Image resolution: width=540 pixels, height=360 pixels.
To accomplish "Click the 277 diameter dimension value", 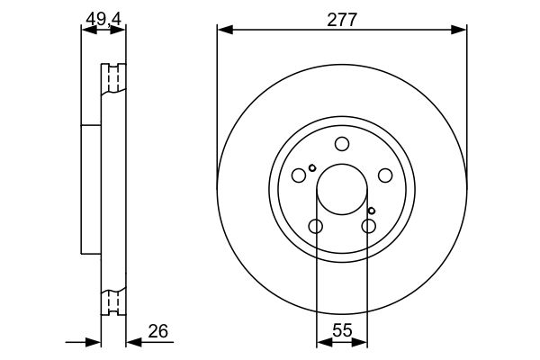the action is coord(342,20).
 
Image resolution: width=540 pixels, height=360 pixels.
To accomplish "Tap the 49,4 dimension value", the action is coord(103,19).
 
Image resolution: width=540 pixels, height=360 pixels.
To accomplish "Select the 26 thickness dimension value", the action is coord(158,331).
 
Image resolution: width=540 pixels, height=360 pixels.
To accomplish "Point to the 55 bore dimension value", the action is coord(342,330).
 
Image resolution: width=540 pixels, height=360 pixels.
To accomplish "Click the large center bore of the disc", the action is coord(342,189).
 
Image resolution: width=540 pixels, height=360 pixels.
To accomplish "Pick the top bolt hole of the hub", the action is coord(342,144).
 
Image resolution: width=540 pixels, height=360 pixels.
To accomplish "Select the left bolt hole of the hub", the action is coord(299,175).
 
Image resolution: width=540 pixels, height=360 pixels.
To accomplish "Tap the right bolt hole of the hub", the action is coord(385,175).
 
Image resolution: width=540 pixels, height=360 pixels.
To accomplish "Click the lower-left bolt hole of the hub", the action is coord(316,226).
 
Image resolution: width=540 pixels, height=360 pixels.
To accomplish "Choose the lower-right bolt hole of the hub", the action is coord(368,226).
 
